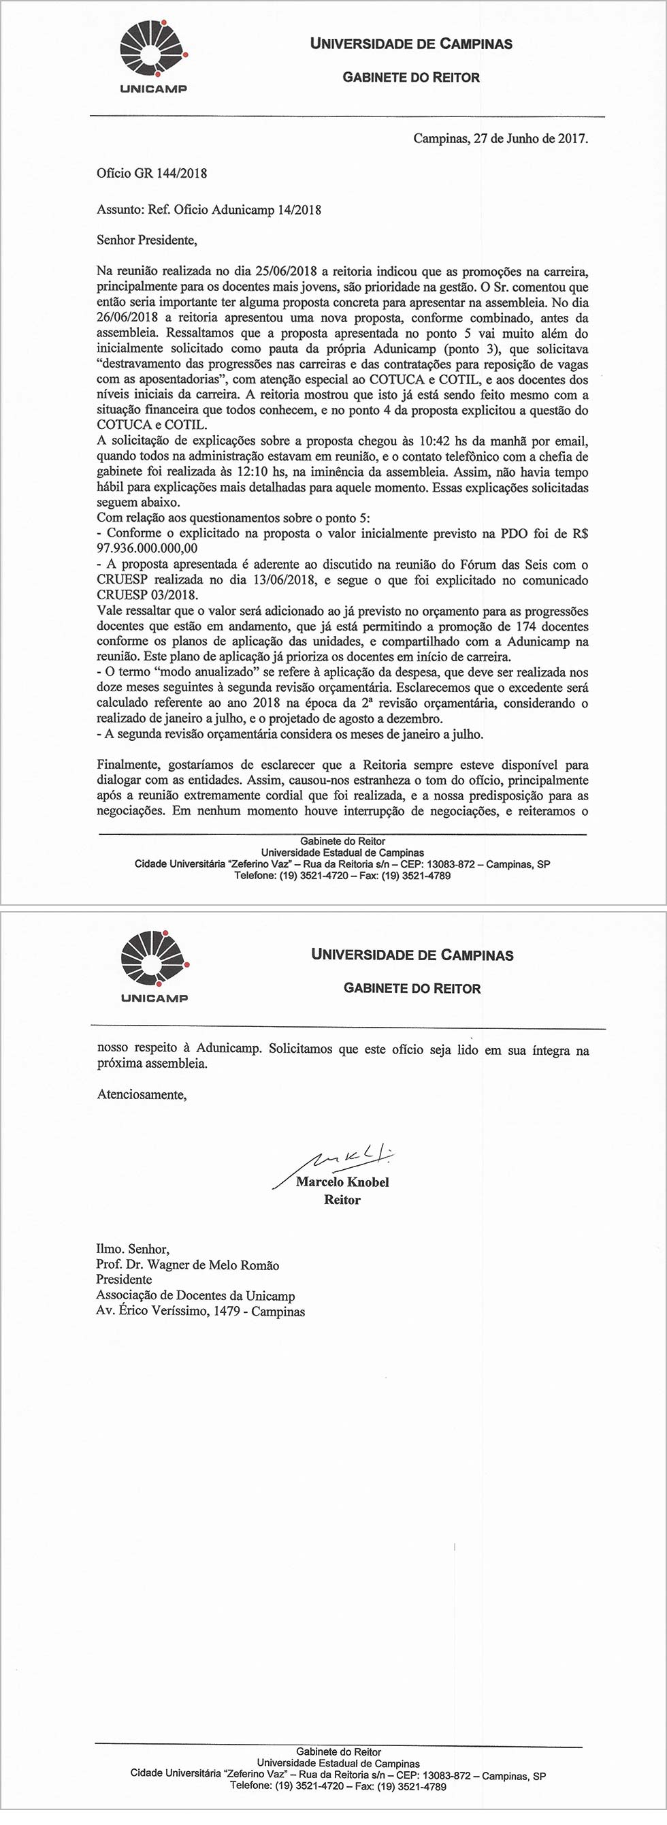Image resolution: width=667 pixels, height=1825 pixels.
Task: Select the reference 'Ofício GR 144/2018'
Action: tap(152, 173)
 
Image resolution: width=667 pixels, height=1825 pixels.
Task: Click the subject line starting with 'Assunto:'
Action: tap(209, 210)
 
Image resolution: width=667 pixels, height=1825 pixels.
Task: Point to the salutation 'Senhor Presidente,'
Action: tap(146, 240)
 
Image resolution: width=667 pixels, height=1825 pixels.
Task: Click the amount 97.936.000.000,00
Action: tap(147, 548)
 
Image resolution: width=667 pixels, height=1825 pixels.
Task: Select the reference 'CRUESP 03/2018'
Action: tap(147, 595)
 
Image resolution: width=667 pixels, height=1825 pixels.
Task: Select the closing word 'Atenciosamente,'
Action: tap(142, 1094)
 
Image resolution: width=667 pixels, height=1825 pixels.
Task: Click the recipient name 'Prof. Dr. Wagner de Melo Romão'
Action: tap(188, 1265)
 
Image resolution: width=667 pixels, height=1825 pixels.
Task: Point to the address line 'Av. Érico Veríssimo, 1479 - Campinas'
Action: tap(200, 1312)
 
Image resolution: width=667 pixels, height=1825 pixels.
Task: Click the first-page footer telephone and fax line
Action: tap(342, 876)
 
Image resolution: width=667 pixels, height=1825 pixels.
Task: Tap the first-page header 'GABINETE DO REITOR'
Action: tap(410, 77)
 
